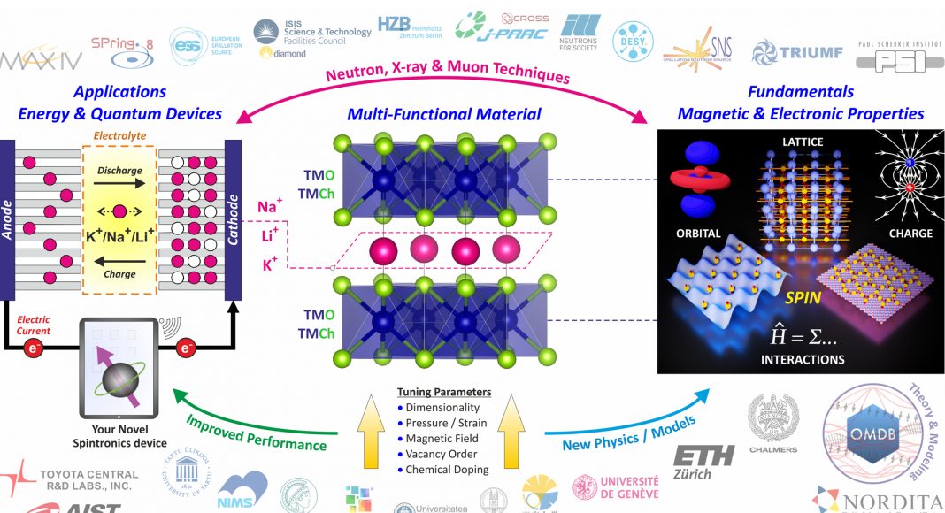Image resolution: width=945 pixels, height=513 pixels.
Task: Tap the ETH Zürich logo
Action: point(704,460)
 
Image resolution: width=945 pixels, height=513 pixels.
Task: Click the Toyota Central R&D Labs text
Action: point(88,480)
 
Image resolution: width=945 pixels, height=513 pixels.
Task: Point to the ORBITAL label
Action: point(698,234)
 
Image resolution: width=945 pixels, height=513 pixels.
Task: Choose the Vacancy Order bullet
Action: point(442,453)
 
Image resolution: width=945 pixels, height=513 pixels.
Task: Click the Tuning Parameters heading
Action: point(443,392)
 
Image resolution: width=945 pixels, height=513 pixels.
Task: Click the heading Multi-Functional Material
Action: point(443,114)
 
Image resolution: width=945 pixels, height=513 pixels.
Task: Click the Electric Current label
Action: point(32,325)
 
